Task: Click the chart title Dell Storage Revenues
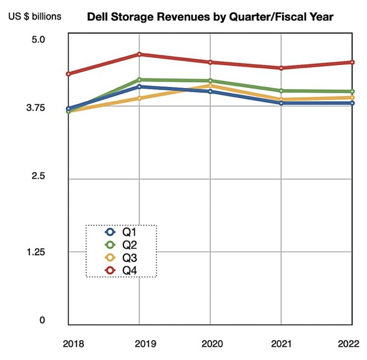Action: coord(210,17)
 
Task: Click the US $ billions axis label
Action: coord(34,16)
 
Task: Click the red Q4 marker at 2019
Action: coord(140,54)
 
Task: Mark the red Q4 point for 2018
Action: coord(69,74)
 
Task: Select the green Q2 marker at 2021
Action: coord(281,91)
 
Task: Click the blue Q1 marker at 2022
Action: coord(352,103)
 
